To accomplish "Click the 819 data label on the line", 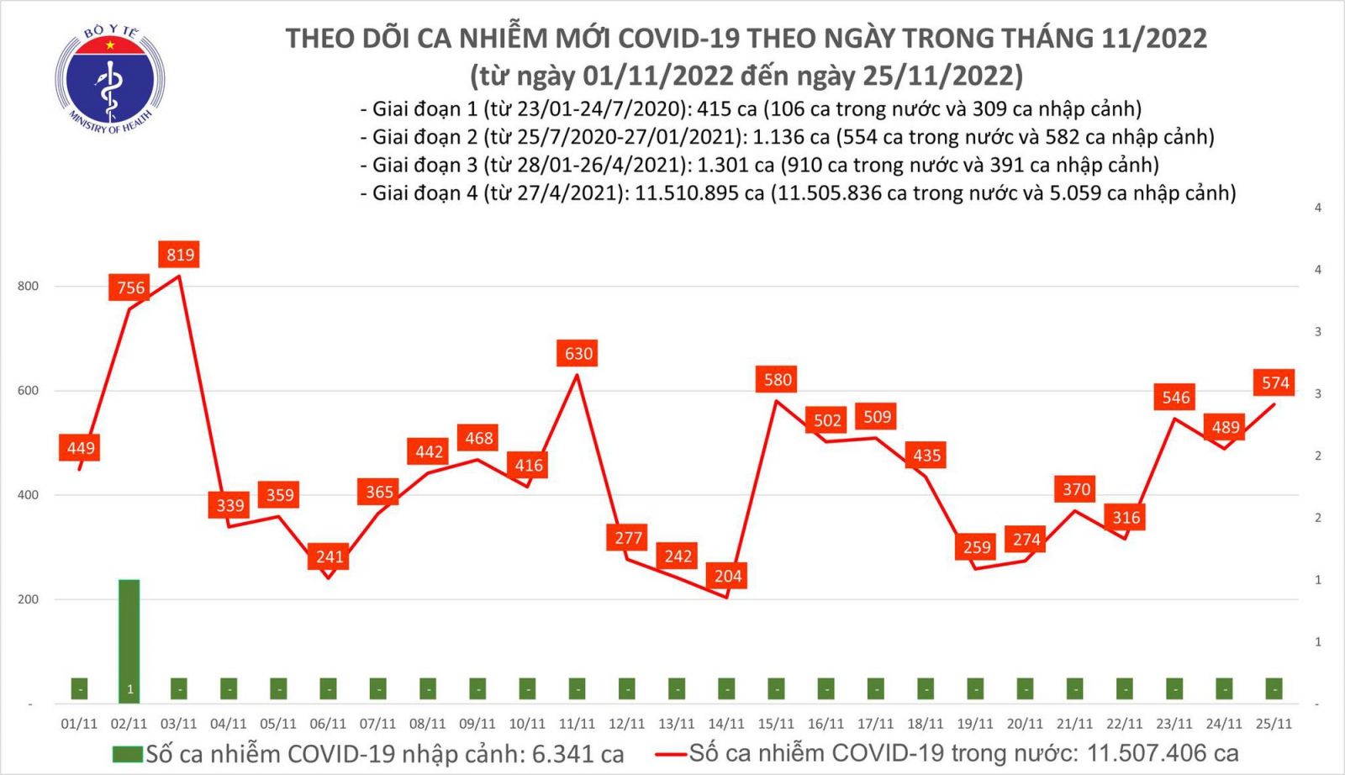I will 180,255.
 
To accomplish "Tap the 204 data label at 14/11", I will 727,576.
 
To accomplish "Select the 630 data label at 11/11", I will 578,354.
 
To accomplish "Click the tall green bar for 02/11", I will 129,639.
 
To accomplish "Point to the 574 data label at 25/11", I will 1274,383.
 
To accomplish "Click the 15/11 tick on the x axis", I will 776,724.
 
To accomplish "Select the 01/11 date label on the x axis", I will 79,724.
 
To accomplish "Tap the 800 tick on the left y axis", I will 28,287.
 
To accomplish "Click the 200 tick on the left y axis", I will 28,599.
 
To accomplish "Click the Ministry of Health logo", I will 109,80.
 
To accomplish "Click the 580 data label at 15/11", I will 777,380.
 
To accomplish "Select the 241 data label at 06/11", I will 329,556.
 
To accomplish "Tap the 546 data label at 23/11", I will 1175,398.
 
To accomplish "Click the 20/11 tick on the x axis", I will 1025,724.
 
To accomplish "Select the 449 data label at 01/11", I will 81,448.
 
